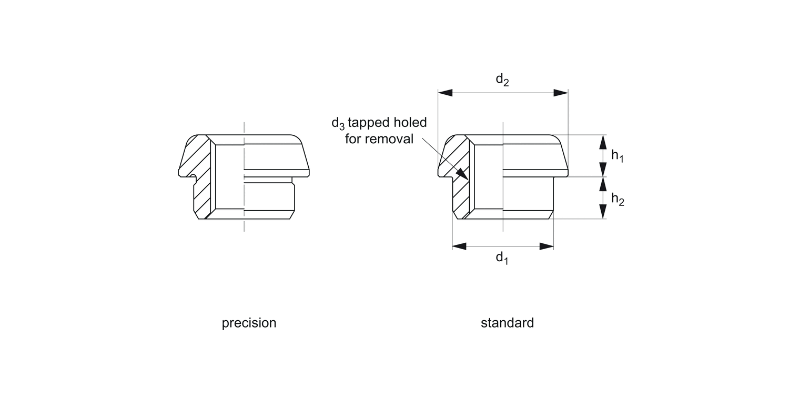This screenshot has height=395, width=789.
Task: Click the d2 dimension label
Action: click(503, 80)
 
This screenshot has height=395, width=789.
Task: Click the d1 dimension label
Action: click(503, 259)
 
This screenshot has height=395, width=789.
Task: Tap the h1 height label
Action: click(617, 156)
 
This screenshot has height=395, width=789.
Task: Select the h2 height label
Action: click(617, 199)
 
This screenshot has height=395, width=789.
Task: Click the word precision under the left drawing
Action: click(249, 323)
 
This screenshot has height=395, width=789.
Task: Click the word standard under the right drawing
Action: click(507, 323)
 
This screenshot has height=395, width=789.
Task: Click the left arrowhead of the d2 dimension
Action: click(445, 93)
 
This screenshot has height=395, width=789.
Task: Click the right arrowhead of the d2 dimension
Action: click(561, 93)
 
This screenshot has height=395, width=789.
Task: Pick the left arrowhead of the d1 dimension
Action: click(459, 246)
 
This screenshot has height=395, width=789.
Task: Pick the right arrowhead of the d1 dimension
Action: click(547, 246)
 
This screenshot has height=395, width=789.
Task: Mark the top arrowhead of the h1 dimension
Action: click(603, 141)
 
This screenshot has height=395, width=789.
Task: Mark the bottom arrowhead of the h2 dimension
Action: click(603, 212)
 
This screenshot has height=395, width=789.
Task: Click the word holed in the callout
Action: click(409, 123)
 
